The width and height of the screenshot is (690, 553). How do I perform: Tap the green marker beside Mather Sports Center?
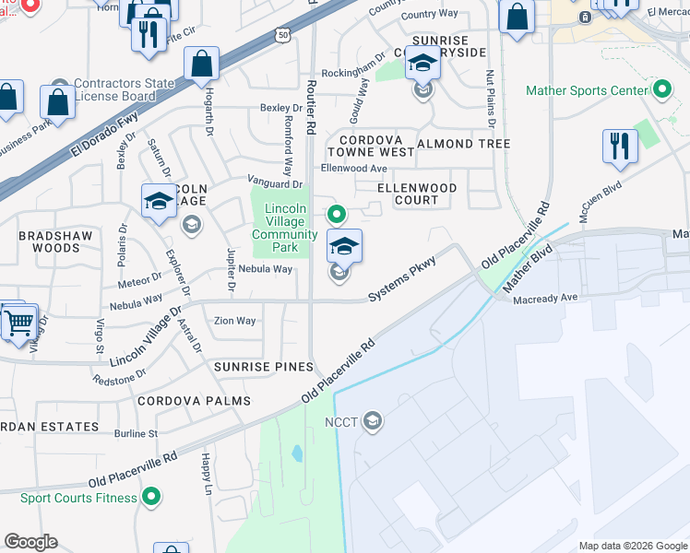(x=661, y=90)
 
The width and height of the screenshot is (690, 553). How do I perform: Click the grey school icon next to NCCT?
(x=372, y=422)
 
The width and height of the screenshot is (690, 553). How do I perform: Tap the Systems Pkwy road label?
(x=402, y=282)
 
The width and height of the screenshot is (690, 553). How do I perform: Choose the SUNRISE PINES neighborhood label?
(x=264, y=367)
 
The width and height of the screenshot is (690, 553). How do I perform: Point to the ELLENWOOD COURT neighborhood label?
(x=417, y=194)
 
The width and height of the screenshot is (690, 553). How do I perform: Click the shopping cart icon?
(x=18, y=322)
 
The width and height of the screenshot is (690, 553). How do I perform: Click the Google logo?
(x=30, y=542)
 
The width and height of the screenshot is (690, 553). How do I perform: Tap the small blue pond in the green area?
(x=295, y=453)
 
